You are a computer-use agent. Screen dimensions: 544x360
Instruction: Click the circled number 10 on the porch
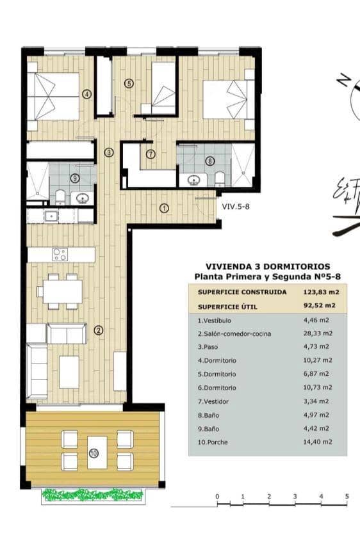pos(94,454)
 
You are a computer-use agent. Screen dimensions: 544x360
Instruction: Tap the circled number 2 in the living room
pos(98,330)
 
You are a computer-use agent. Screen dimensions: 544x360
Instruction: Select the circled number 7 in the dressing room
pos(151,154)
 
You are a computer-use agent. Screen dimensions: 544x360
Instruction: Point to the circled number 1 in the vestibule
pos(164,207)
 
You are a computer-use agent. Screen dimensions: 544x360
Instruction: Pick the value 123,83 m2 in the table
pos(320,291)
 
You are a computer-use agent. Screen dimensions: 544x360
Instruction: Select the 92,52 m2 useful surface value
pos(320,306)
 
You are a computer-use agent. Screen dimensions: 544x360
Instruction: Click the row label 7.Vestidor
pos(215,401)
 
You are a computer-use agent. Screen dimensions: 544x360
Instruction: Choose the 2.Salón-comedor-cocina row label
pos(234,333)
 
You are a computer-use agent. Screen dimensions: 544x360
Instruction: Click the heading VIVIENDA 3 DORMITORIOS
pos(268,266)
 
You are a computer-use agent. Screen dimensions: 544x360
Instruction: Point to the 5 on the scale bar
pos(347,497)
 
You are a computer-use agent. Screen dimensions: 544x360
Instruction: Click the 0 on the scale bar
pos(217,497)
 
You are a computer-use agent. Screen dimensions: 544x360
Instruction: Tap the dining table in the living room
pos(62,292)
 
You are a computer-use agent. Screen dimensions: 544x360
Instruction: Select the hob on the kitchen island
pos(60,254)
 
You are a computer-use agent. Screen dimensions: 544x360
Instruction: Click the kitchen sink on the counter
pos(51,216)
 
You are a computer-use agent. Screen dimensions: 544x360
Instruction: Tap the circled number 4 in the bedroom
pos(87,94)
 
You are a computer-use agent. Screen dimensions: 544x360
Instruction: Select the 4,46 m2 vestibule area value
pos(319,320)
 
